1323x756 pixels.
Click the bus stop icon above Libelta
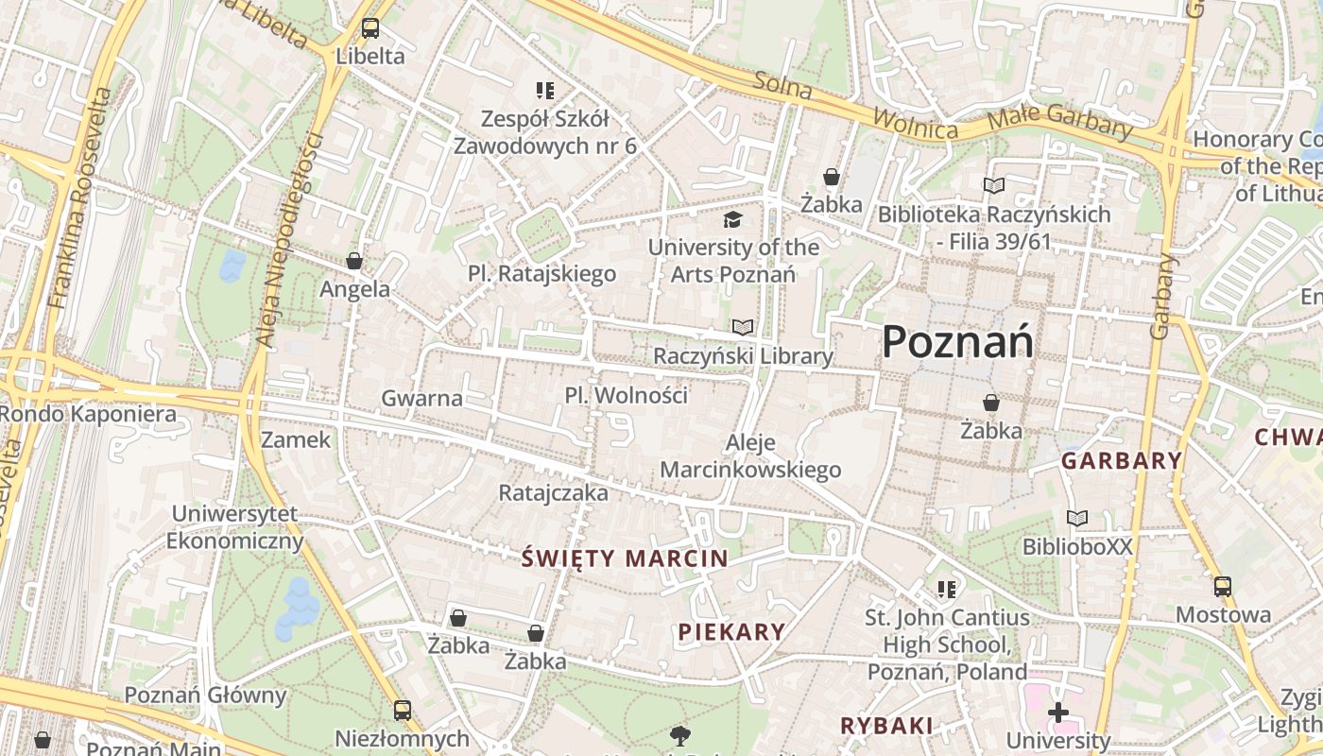pos(370,28)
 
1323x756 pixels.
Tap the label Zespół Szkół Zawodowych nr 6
pos(545,133)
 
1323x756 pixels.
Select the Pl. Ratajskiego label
pos(541,274)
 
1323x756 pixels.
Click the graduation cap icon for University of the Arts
pos(732,220)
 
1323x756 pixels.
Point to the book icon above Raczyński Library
pos(744,328)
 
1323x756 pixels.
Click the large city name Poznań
pos(957,342)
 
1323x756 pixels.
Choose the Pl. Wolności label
pos(626,395)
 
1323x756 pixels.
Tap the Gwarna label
pos(421,398)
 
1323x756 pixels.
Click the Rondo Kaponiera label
pos(88,414)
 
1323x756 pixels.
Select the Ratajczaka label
pos(554,492)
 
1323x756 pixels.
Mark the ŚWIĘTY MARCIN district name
pos(625,558)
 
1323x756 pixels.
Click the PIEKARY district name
pos(731,632)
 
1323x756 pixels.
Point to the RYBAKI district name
pos(886,726)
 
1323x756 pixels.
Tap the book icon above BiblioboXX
pos(1077,518)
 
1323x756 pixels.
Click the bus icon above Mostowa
pos(1223,587)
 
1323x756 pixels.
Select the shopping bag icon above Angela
pos(354,261)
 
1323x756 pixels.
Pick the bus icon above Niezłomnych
pos(403,710)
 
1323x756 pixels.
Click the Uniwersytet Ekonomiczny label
pos(234,527)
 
